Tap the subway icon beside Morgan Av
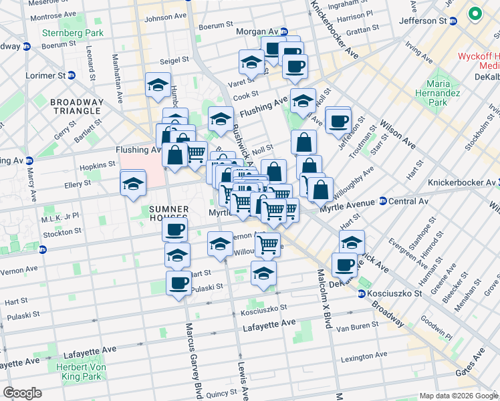pos(283,31)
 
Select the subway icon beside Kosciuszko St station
pos(362,293)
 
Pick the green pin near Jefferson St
pos(475,13)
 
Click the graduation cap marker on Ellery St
pos(133,183)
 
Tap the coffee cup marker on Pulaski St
pos(178,283)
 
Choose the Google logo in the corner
pos(22,393)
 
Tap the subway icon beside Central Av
pos(382,200)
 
